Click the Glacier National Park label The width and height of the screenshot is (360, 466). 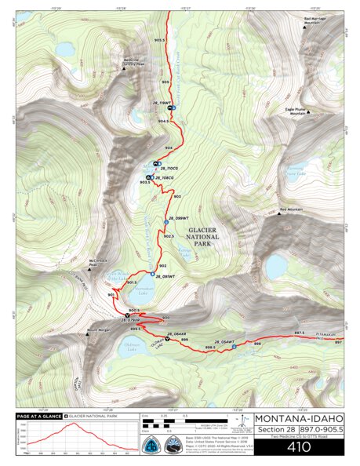click(x=202, y=231)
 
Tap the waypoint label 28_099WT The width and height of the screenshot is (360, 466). click(x=177, y=217)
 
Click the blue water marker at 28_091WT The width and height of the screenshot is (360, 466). click(x=149, y=277)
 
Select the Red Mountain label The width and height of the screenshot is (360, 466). click(x=290, y=210)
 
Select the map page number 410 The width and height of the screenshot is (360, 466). click(x=298, y=448)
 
